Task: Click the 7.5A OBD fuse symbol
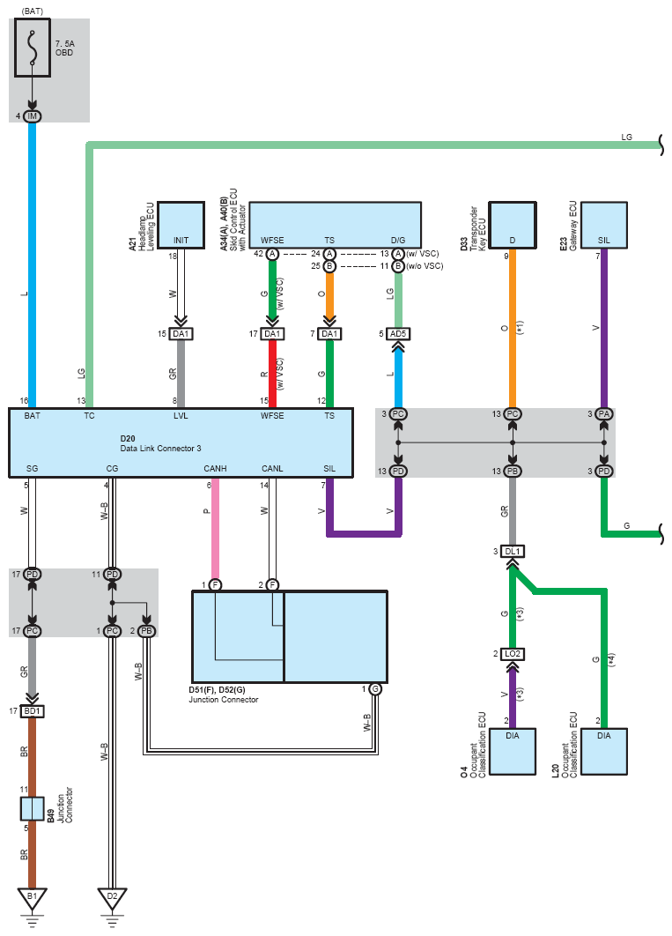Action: click(x=33, y=50)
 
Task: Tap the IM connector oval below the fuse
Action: click(x=33, y=116)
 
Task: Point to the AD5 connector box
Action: click(x=398, y=334)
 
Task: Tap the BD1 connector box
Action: click(x=33, y=710)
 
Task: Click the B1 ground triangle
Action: click(x=33, y=897)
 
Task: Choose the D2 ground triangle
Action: click(x=112, y=897)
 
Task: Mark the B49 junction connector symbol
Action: click(x=33, y=808)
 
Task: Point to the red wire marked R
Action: click(x=271, y=375)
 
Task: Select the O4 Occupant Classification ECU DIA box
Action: click(x=513, y=752)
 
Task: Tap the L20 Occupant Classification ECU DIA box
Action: click(x=603, y=752)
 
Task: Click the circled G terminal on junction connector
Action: click(x=375, y=688)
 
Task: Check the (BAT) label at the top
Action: click(x=33, y=10)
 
